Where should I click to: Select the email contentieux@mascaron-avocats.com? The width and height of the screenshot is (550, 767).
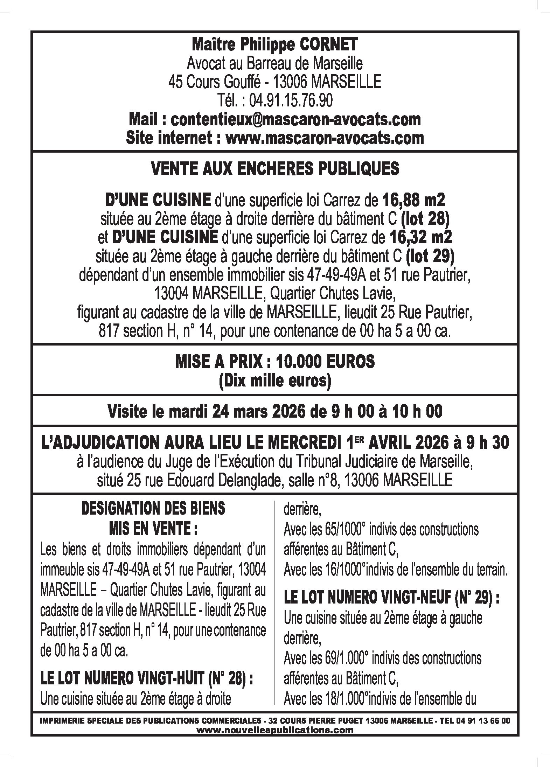[x=295, y=120]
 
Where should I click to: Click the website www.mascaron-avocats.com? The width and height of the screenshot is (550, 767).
[x=325, y=138]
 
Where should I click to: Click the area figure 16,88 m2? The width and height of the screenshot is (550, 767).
[x=413, y=201]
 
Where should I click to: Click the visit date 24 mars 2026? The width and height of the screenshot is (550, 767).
[x=258, y=411]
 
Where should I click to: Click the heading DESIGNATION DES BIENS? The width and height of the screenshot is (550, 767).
[x=153, y=509]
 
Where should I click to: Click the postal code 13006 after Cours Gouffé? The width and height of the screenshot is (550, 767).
[x=290, y=82]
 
